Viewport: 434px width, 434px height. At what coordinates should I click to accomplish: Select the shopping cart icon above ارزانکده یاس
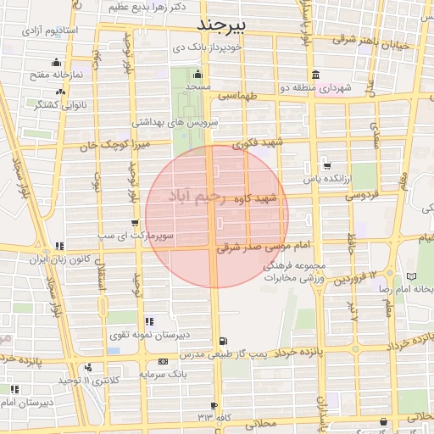click(327, 165)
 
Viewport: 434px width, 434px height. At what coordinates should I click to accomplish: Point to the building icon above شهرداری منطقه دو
click(316, 73)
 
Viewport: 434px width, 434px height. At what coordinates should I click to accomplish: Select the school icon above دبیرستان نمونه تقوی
click(149, 321)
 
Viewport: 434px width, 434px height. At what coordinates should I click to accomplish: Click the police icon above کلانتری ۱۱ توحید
click(89, 367)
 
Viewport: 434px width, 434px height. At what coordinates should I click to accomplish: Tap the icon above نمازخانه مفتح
click(57, 61)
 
